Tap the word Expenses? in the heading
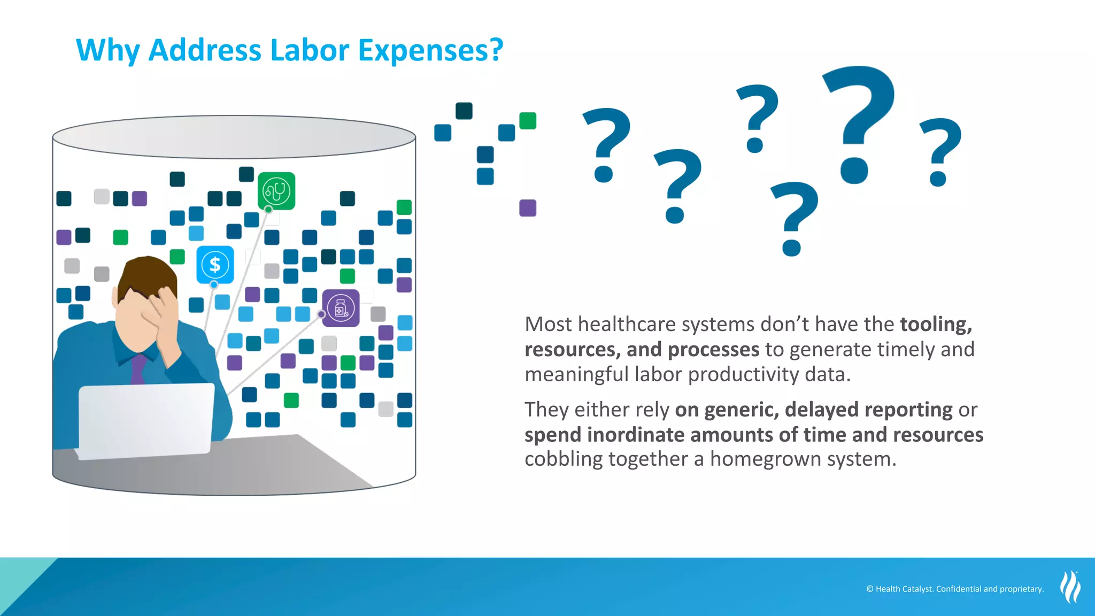(430, 50)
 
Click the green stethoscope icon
(276, 191)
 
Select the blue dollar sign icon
(215, 265)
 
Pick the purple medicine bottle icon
(341, 308)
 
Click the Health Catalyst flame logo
(1070, 587)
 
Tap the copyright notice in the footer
(955, 589)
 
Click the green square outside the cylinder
(528, 121)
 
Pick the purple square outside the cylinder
(528, 208)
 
